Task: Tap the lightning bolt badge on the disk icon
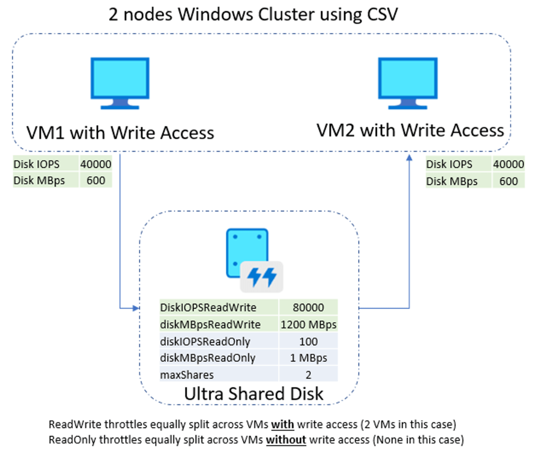[262, 276]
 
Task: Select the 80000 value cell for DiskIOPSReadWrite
[308, 307]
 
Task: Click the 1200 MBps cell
[308, 324]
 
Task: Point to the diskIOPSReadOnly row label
[205, 341]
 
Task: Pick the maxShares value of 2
[308, 375]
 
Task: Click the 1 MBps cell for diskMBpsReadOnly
[308, 358]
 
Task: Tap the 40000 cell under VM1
[95, 164]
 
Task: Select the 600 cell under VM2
[508, 181]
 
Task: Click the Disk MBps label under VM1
[39, 180]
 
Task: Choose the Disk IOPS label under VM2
[449, 164]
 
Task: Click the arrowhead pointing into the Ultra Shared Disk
[136, 308]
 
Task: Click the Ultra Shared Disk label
[254, 394]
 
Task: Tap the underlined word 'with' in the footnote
[282, 424]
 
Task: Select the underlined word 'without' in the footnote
[286, 440]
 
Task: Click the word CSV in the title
[382, 14]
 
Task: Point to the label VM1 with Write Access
[120, 133]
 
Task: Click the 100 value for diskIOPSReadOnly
[308, 341]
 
